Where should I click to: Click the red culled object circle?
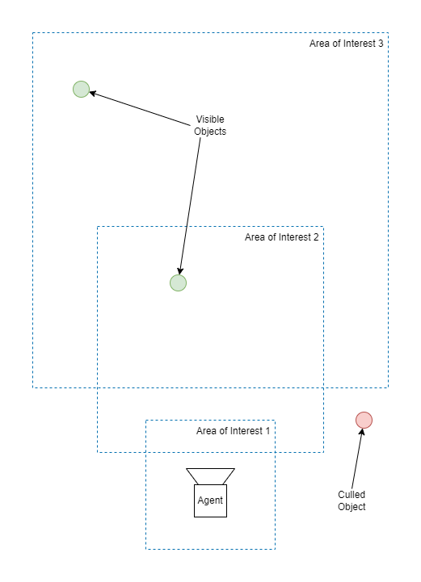tap(364, 421)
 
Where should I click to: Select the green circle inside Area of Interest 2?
tap(178, 283)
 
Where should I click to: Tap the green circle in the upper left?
tap(81, 89)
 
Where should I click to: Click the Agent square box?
tap(210, 500)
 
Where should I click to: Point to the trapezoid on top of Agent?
tap(210, 476)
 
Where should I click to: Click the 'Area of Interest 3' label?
tap(347, 44)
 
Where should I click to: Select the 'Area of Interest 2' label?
tap(282, 237)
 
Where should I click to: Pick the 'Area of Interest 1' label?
tap(233, 431)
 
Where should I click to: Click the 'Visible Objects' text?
tap(210, 125)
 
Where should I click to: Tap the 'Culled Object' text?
tap(352, 500)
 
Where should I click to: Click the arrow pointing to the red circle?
tap(357, 458)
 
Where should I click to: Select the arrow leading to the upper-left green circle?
tap(140, 108)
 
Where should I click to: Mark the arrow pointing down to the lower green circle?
tap(190, 206)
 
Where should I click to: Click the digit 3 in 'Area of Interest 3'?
tap(381, 44)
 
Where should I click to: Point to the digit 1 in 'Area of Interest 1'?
tap(267, 431)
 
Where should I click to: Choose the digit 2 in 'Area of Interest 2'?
tap(316, 237)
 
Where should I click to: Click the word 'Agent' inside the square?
tap(210, 500)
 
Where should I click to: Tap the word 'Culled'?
tap(352, 494)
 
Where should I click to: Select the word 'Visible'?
tap(210, 119)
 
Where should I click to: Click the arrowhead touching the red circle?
tap(361, 432)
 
